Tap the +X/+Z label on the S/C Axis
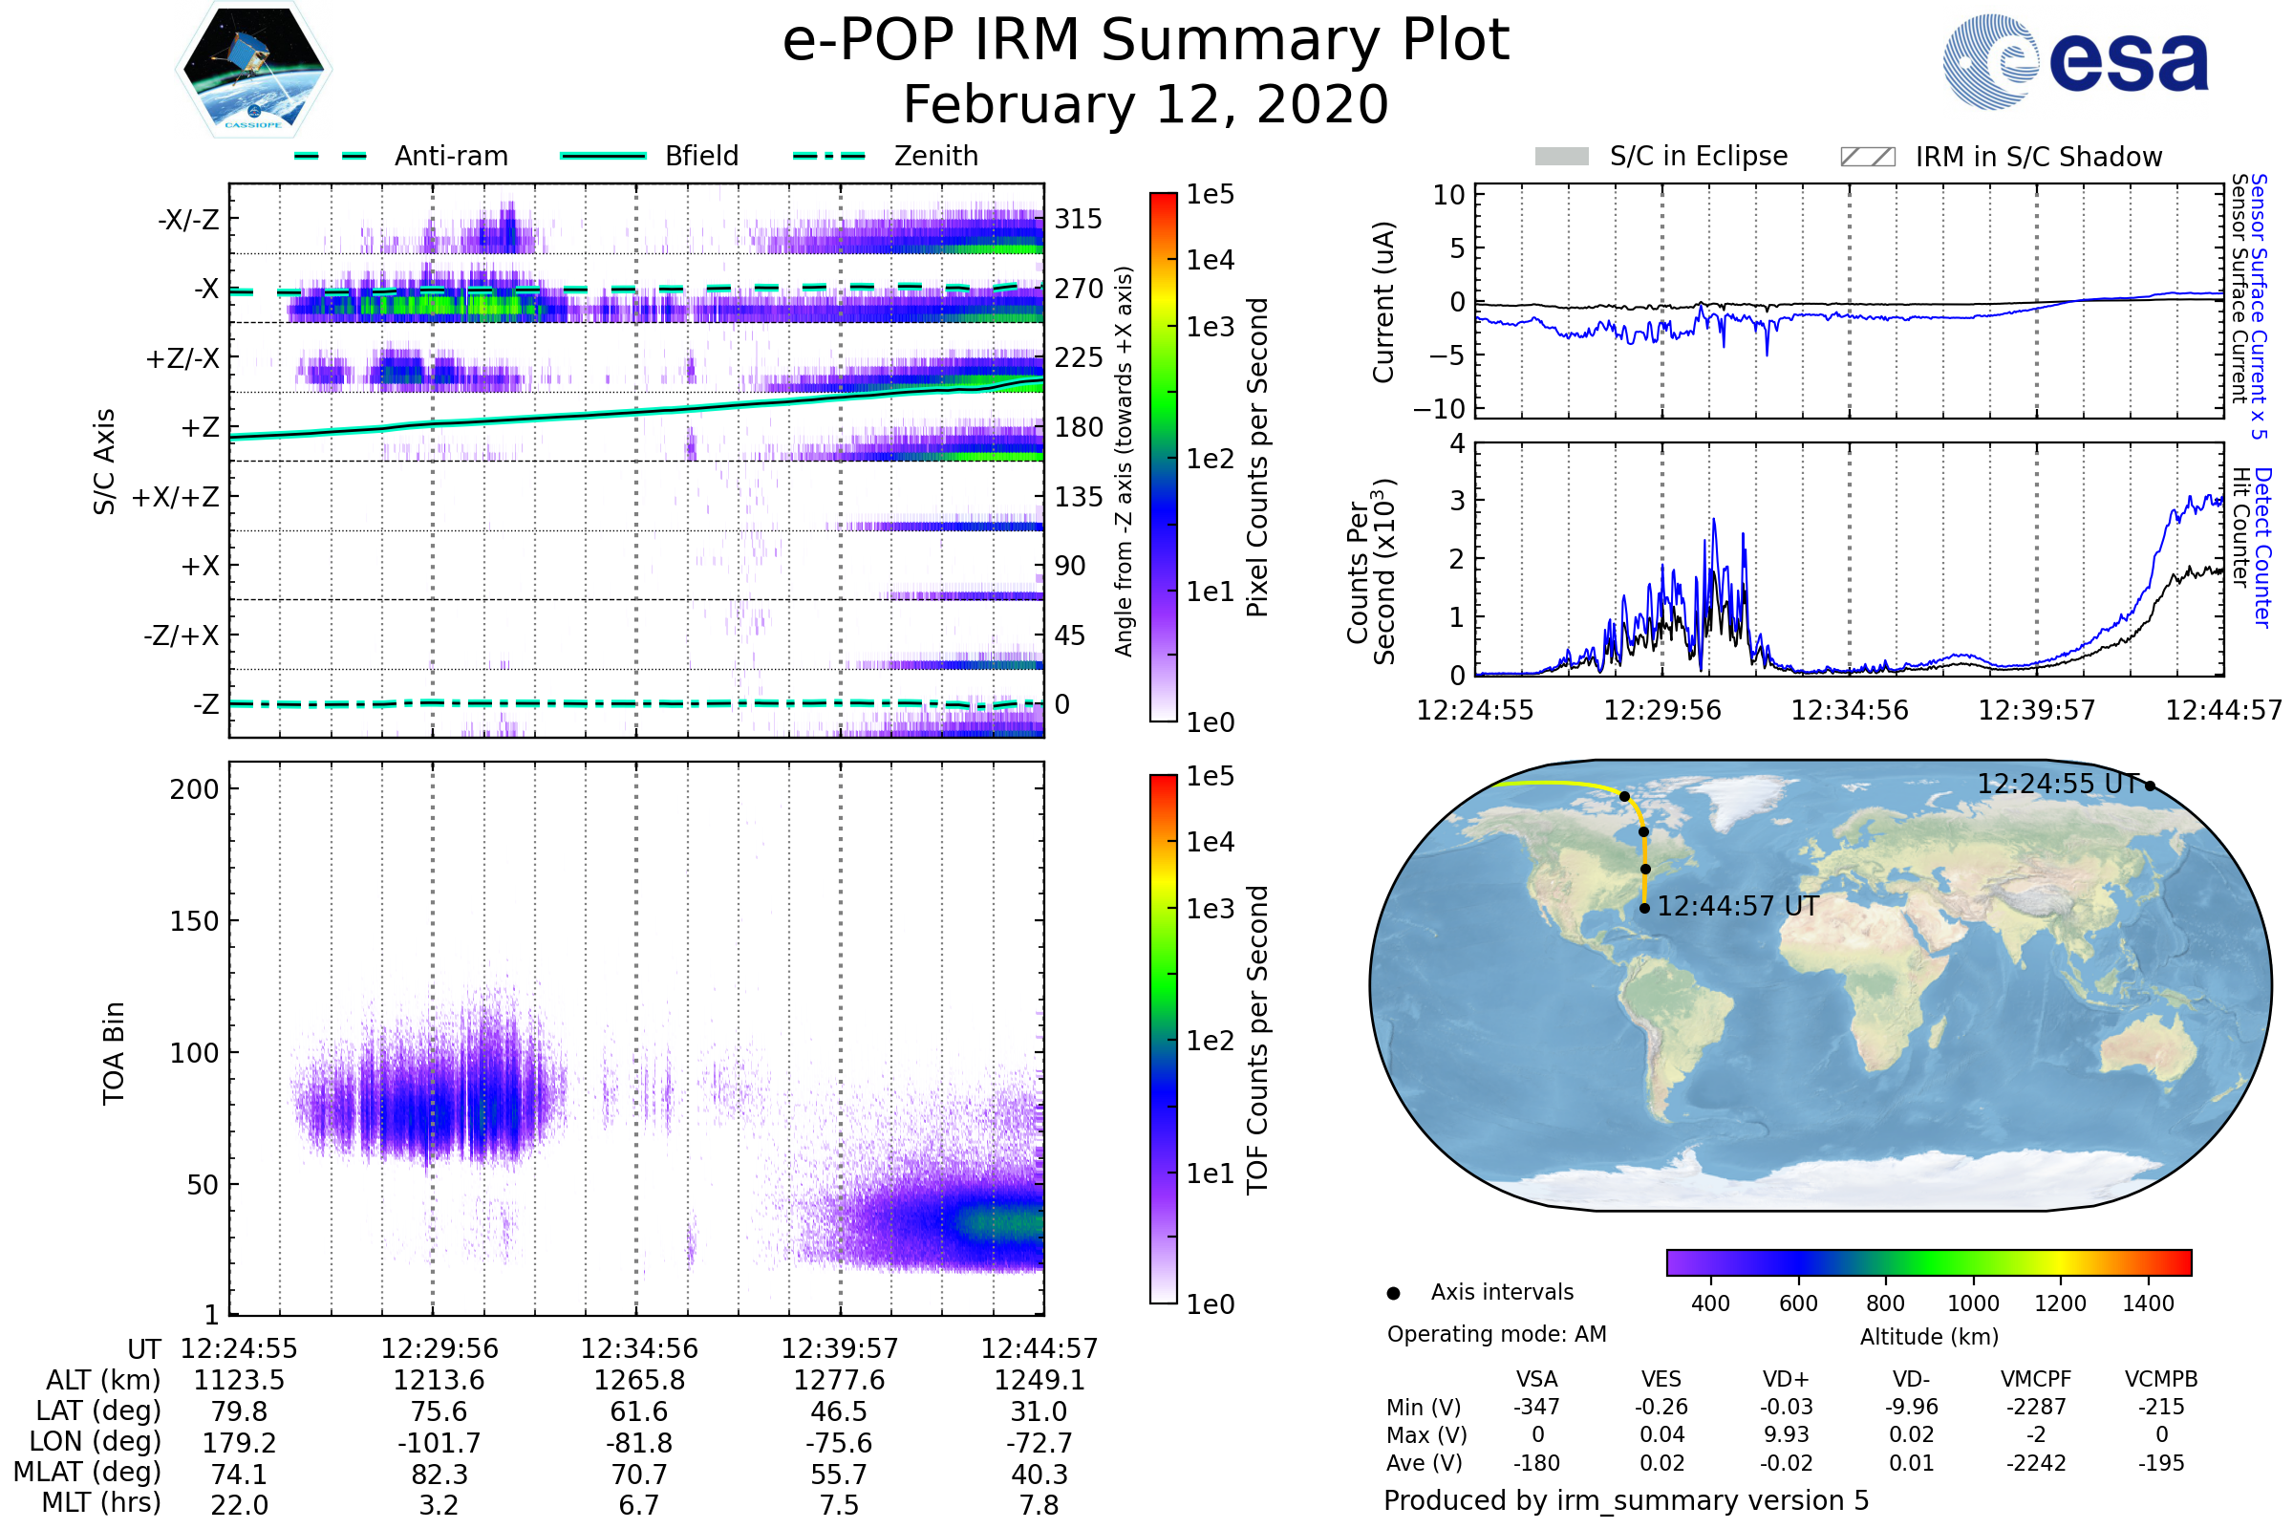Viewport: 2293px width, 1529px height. (x=176, y=497)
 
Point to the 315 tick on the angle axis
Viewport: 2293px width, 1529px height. (x=1079, y=219)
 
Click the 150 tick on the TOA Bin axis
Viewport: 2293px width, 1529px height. (x=194, y=921)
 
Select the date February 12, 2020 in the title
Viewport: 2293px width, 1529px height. (x=1146, y=105)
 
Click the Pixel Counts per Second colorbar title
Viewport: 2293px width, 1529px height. (x=1257, y=458)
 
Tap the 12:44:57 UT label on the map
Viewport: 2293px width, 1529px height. (x=1737, y=907)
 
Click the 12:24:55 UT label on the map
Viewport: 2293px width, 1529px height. (x=2057, y=784)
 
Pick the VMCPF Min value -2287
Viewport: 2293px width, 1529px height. (x=2036, y=1407)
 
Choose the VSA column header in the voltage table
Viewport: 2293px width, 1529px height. (x=1536, y=1379)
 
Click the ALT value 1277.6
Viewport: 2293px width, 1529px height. (x=839, y=1381)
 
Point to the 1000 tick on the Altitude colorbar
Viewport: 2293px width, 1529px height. (x=1972, y=1303)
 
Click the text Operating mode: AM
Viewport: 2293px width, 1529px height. (x=1496, y=1334)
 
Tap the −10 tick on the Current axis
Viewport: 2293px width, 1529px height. (x=1439, y=409)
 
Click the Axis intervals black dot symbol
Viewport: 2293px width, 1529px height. (x=1393, y=1293)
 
